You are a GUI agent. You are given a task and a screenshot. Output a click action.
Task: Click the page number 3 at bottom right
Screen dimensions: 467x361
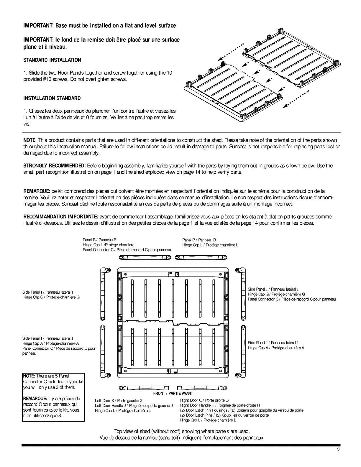click(338, 450)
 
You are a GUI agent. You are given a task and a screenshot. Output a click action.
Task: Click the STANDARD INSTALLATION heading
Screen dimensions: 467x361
click(52, 60)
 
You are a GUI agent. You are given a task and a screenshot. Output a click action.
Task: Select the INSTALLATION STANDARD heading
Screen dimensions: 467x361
click(52, 98)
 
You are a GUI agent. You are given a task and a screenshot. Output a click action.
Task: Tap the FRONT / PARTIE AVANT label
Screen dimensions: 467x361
click(173, 393)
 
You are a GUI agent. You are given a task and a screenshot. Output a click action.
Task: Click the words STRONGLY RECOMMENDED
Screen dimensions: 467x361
click(55, 166)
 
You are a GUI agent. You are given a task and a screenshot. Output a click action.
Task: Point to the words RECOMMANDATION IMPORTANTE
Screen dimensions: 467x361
click(61, 217)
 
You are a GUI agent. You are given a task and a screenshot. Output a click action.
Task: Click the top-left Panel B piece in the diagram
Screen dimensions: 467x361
click(145, 258)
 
